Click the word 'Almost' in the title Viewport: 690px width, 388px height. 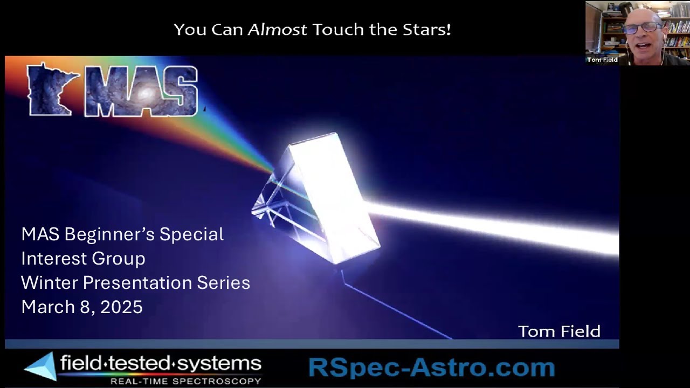click(x=277, y=30)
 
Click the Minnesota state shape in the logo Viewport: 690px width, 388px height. click(x=50, y=89)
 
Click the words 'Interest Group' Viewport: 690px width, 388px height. click(x=83, y=259)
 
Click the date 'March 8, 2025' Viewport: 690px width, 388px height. click(x=82, y=307)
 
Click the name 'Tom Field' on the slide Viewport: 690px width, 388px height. click(x=559, y=331)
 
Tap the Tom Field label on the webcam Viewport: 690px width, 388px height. click(x=602, y=60)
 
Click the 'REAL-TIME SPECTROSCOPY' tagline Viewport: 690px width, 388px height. click(x=185, y=381)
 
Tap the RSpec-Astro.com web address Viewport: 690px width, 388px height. click(x=431, y=368)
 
